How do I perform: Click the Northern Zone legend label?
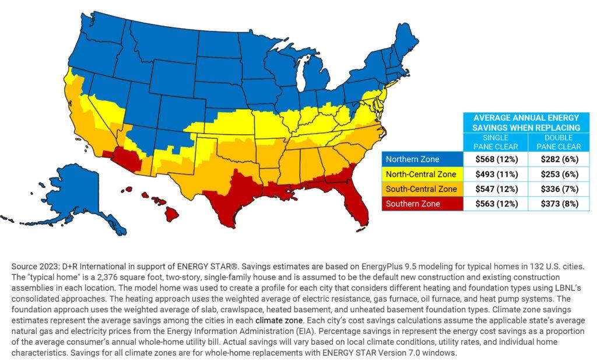tap(413, 159)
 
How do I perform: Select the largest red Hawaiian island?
tap(170, 214)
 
